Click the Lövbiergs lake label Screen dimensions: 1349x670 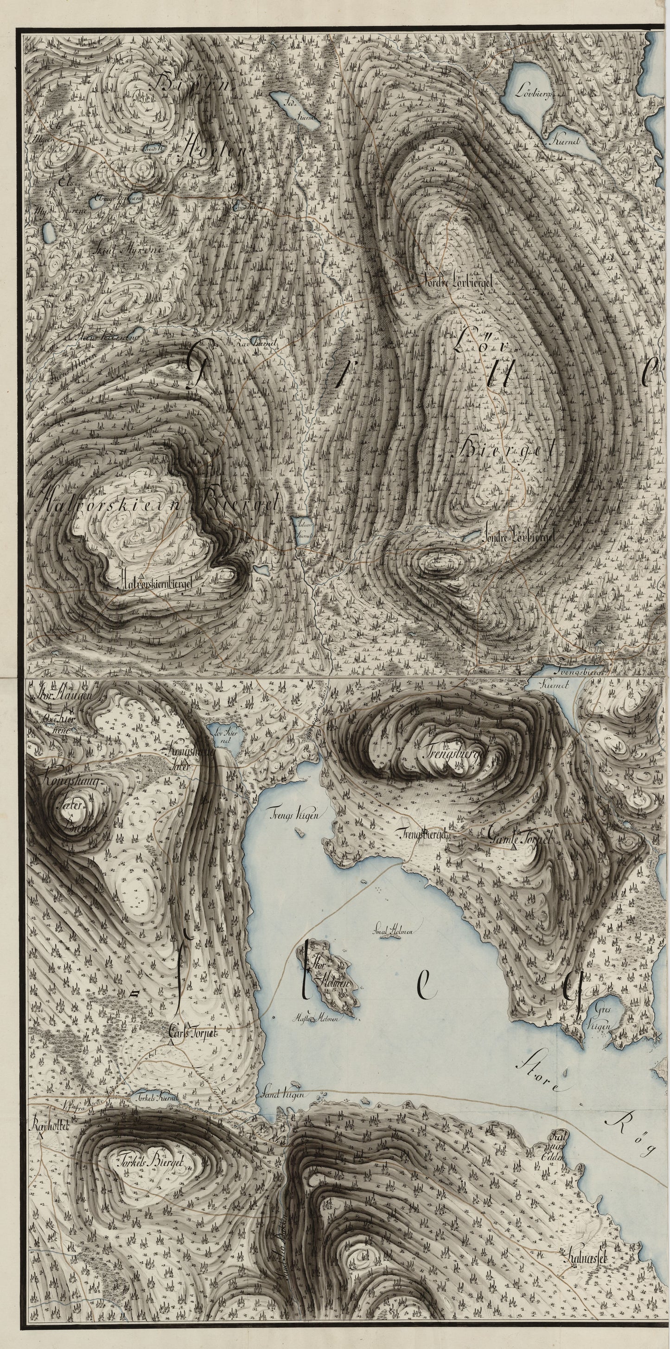coord(534,89)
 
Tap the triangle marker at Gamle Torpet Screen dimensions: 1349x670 coord(515,846)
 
